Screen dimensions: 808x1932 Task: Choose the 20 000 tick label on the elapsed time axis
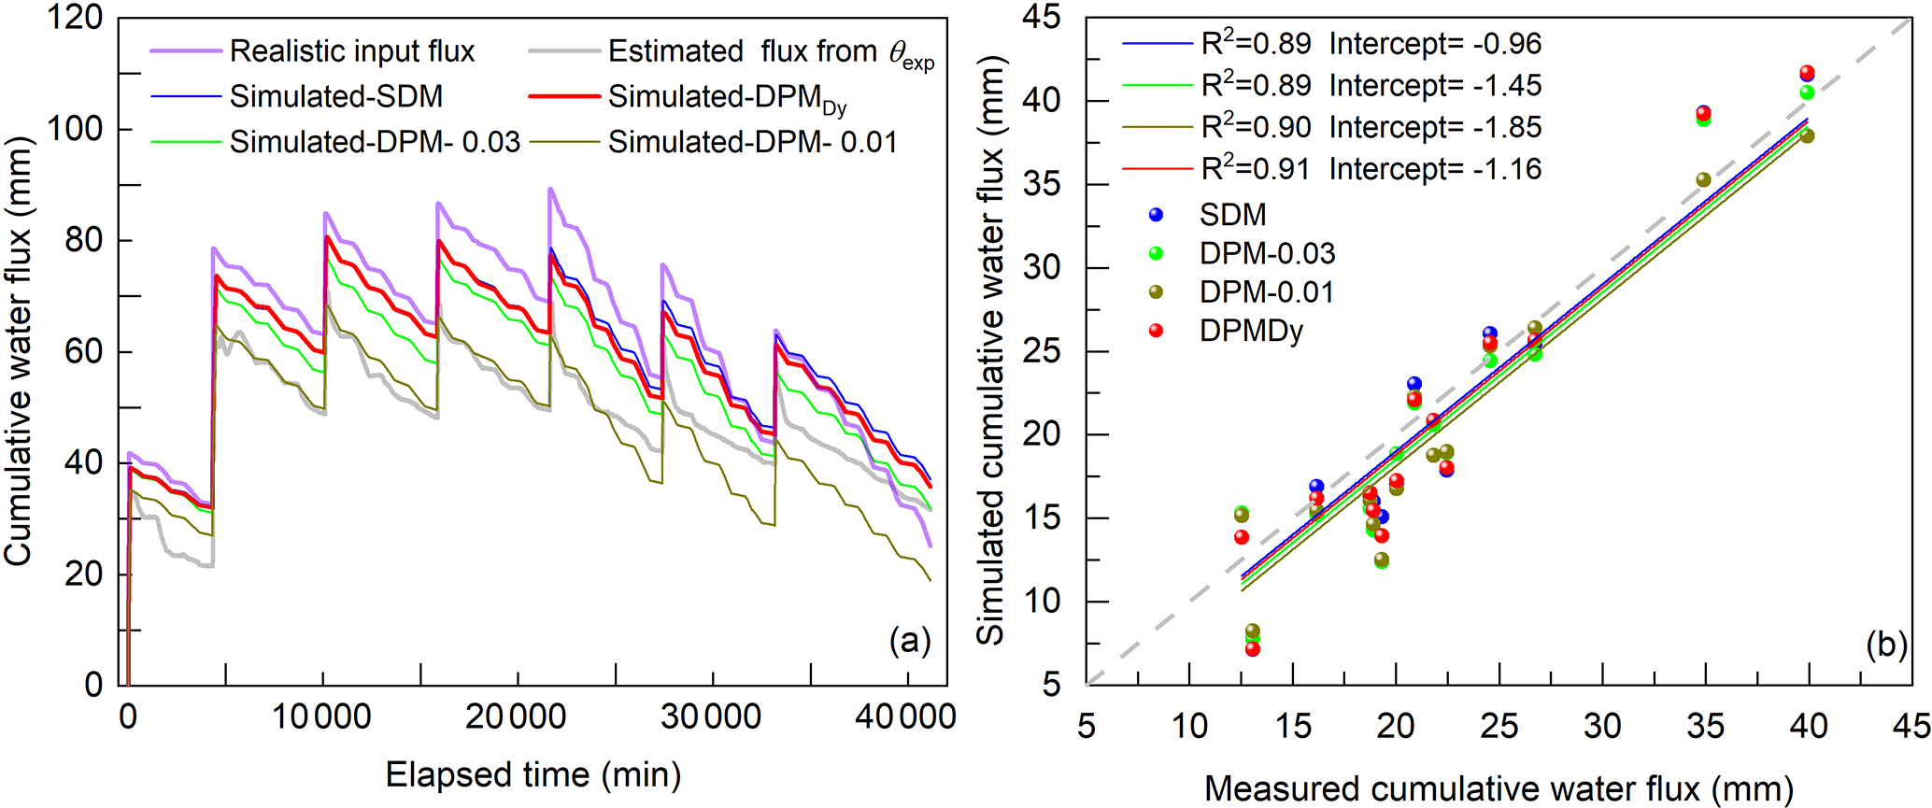516,717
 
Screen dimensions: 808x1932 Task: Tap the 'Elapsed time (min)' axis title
533,775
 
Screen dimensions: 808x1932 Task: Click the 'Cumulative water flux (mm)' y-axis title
19,352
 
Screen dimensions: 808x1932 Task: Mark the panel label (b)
1886,645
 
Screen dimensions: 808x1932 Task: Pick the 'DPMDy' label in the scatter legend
1251,332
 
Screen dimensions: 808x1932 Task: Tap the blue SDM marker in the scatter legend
1157,215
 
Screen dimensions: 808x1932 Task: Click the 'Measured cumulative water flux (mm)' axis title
1499,789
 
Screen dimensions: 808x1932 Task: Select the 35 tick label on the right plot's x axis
1706,726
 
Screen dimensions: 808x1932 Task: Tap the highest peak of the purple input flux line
550,189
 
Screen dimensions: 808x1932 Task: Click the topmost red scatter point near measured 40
1807,73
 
